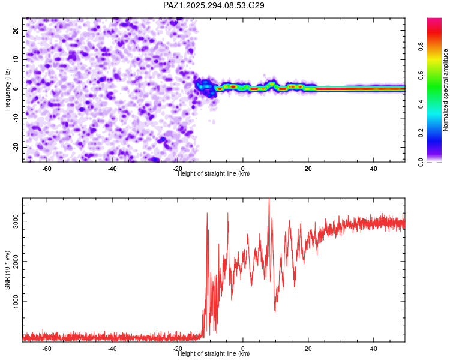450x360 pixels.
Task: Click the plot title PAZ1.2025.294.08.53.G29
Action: (x=214, y=5)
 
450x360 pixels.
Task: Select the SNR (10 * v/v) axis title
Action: (x=8, y=269)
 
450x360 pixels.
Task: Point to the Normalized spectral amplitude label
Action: (x=446, y=90)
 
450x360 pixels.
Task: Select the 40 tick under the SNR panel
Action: (x=373, y=349)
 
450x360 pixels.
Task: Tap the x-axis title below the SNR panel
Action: (x=214, y=354)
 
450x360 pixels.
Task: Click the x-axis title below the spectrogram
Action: (x=214, y=174)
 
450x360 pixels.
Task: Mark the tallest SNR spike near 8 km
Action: (x=269, y=200)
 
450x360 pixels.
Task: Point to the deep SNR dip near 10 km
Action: (x=275, y=311)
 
